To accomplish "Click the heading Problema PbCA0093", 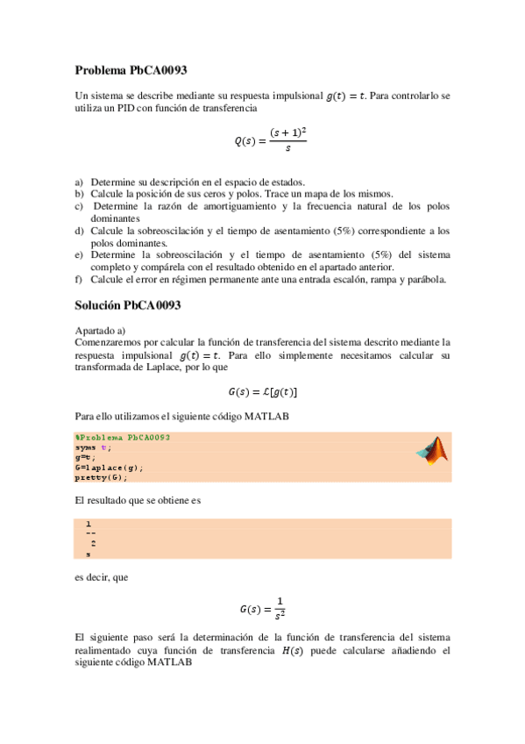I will [131, 69].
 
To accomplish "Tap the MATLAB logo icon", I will [431, 450].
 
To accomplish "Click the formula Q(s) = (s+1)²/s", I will [263, 139].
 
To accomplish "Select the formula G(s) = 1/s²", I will [263, 607].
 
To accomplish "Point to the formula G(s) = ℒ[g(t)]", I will [263, 391].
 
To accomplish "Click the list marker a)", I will [80, 182].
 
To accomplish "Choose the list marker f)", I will [79, 280].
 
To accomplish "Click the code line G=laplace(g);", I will [110, 468].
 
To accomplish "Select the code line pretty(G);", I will [102, 477].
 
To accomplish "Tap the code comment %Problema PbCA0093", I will [123, 437].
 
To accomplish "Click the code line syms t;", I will [94, 447].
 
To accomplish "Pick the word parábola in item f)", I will [427, 280].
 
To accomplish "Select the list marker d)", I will [80, 231].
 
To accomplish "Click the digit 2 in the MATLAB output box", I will [93, 544].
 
